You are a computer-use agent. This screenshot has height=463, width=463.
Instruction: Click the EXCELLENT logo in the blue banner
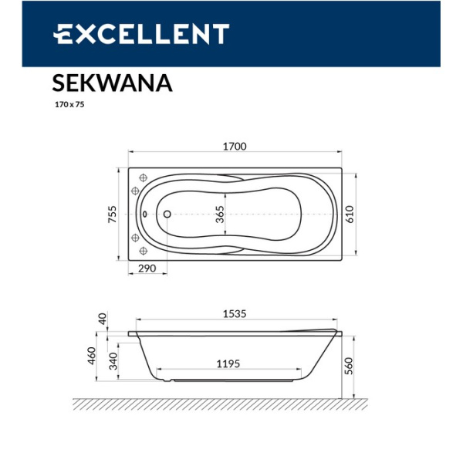(x=141, y=34)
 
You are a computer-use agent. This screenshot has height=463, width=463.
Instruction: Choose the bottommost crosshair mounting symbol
(x=144, y=252)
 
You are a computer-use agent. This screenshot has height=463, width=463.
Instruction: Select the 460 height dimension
(x=91, y=357)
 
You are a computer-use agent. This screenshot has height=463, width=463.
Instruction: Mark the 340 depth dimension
(x=113, y=360)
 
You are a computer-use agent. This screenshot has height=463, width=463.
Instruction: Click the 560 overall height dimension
(x=349, y=365)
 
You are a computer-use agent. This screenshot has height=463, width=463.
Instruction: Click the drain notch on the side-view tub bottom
(x=164, y=380)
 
